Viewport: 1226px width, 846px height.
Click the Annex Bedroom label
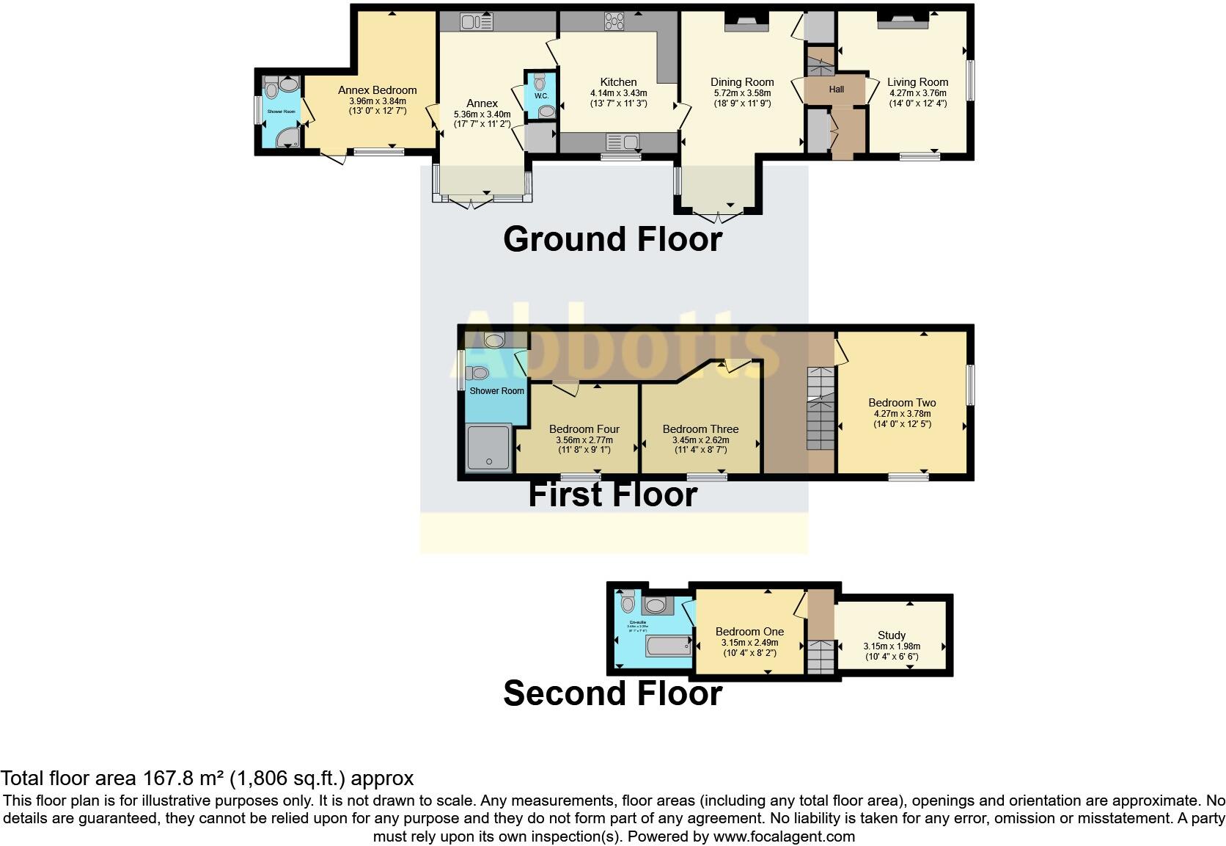pos(377,90)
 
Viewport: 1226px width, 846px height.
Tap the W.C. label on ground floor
pos(541,96)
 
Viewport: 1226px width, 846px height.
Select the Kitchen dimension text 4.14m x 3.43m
pos(618,93)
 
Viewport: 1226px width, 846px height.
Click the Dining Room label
pos(742,82)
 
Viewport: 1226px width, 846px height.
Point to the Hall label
pos(837,90)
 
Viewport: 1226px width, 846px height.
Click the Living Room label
pos(917,82)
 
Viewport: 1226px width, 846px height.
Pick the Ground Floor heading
pos(612,239)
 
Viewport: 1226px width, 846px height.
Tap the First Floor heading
pos(612,495)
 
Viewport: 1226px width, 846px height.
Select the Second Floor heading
pos(612,693)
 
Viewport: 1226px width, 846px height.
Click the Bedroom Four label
pos(584,429)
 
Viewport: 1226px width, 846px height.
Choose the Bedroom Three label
pos(700,429)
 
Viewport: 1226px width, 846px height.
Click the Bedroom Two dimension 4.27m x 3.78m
pos(902,413)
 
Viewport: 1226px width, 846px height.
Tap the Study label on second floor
pos(892,635)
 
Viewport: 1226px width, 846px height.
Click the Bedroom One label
pos(749,632)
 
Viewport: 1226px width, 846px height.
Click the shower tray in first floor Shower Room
pos(489,447)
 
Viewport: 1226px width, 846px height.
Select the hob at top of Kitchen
pos(614,22)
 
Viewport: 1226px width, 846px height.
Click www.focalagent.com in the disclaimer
pos(783,836)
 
